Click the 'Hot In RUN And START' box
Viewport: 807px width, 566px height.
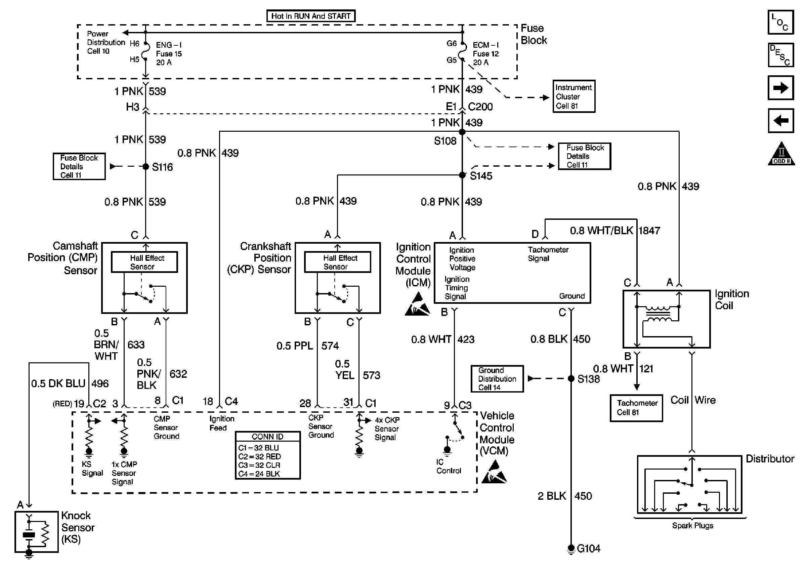[x=311, y=16]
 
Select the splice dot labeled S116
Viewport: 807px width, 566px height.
[x=146, y=167]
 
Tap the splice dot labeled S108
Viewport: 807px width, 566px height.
[x=462, y=132]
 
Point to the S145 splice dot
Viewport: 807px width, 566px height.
[x=462, y=175]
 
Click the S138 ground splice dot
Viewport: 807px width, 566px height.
[x=571, y=379]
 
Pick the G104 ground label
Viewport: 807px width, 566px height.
[x=588, y=549]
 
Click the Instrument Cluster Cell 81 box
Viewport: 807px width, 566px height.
[x=574, y=96]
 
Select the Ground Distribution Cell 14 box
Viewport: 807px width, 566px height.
[x=497, y=379]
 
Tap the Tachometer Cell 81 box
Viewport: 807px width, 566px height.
[x=636, y=408]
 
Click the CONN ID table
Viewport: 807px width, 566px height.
[x=267, y=456]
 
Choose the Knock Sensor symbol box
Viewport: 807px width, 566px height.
[x=36, y=531]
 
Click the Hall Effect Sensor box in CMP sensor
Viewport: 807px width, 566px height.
[x=144, y=262]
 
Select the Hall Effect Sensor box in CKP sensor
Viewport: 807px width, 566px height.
[x=337, y=262]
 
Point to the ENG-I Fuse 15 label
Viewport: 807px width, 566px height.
[x=169, y=54]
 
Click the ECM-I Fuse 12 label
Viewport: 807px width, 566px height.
[x=486, y=54]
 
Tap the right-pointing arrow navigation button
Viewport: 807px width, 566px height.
[x=781, y=88]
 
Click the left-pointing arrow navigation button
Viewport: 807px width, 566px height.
[x=781, y=121]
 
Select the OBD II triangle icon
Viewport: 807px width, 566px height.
[x=781, y=154]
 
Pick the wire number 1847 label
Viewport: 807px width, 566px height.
[x=649, y=231]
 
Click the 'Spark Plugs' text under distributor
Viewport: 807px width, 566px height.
[x=692, y=526]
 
